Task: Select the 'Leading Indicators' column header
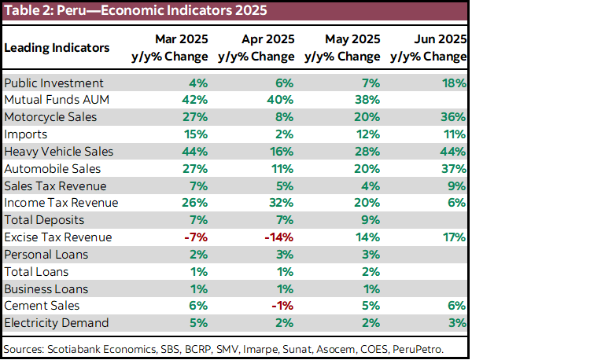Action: coord(57,48)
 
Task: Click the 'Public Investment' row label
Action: coord(53,83)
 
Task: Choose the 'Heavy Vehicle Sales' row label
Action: coord(59,151)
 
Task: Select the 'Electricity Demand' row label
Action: coord(57,322)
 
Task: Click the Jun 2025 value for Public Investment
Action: coord(454,83)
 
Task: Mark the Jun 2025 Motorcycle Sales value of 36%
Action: coord(454,117)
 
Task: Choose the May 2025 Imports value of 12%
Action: coord(367,134)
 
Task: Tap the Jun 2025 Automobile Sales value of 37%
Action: coord(454,168)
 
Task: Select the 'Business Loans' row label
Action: coord(46,288)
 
